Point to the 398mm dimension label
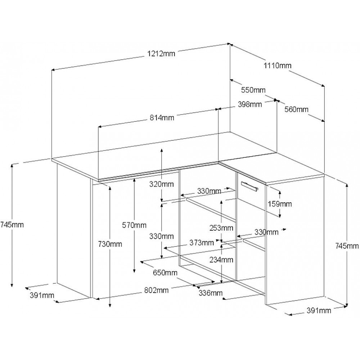point(249,104)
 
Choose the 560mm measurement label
point(296,109)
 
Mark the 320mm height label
point(162,184)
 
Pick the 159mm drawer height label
point(280,204)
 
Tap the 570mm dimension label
point(134,225)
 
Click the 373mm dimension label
point(201,243)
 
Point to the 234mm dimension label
point(221,259)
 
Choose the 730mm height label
point(110,244)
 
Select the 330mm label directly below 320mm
point(162,236)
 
